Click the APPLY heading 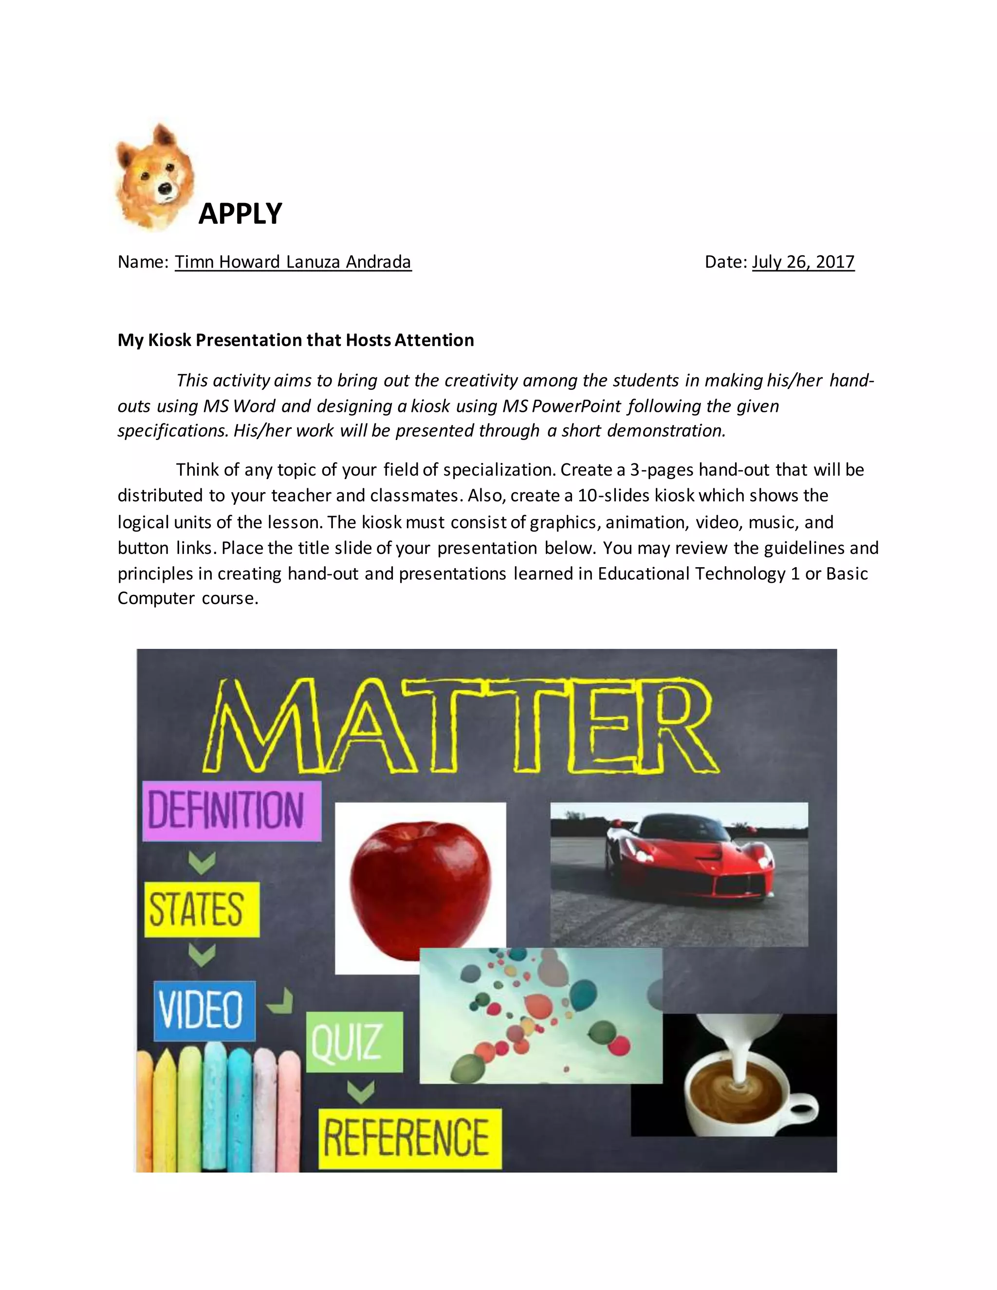pyautogui.click(x=240, y=214)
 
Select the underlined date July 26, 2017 pyautogui.click(x=803, y=262)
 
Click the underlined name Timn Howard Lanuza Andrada pyautogui.click(x=293, y=262)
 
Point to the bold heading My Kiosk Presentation pyautogui.click(x=295, y=340)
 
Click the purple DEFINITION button pyautogui.click(x=232, y=811)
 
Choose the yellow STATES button pyautogui.click(x=202, y=910)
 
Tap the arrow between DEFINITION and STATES pyautogui.click(x=202, y=863)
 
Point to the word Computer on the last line pyautogui.click(x=156, y=598)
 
